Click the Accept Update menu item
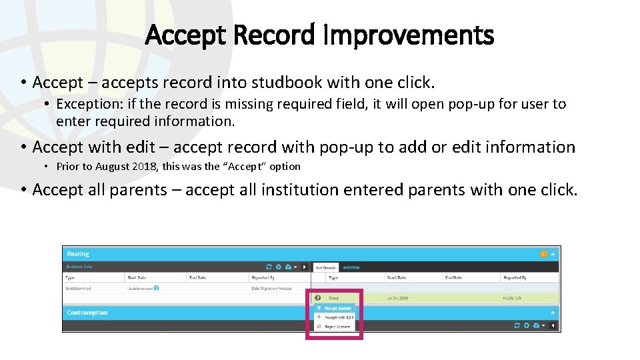(x=338, y=309)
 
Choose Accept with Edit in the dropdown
(x=339, y=317)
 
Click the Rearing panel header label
(x=78, y=254)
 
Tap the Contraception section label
(x=87, y=313)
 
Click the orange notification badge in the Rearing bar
(x=543, y=254)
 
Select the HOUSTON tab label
(x=351, y=267)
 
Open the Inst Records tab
(x=325, y=267)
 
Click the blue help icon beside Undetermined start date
(x=156, y=289)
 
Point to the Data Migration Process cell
(x=271, y=289)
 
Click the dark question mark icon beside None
(x=318, y=298)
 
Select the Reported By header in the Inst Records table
(x=515, y=277)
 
